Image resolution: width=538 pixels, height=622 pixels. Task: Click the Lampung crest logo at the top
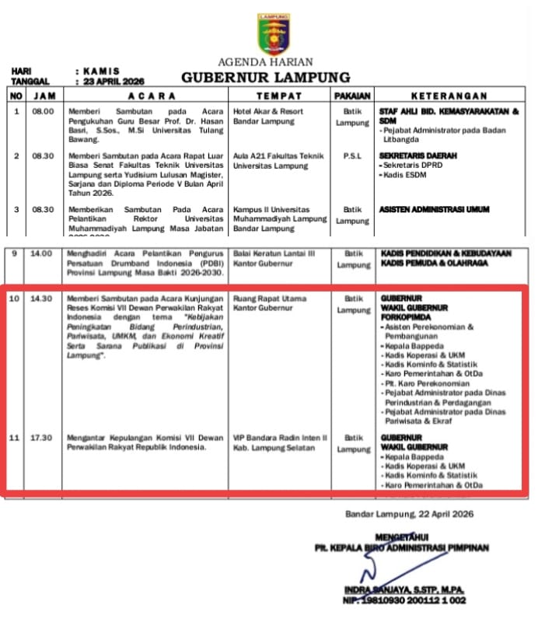pos(273,34)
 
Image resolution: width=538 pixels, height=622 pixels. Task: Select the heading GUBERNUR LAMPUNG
pos(266,78)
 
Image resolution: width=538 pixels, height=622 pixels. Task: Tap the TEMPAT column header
pos(279,96)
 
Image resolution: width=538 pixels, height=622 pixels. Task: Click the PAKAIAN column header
pos(352,96)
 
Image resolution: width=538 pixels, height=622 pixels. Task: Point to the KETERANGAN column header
pos(449,96)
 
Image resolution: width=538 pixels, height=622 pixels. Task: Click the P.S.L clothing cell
pos(352,155)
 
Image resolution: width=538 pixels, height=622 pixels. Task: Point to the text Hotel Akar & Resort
pos(268,111)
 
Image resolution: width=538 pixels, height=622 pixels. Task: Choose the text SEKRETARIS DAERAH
pos(417,155)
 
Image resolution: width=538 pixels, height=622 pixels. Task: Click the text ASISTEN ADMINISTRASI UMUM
pos(435,209)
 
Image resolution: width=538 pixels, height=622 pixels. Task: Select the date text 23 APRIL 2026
pos(113,81)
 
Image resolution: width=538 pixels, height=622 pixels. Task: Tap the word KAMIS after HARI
pos(102,71)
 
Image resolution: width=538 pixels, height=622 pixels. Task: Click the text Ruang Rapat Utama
pos(270,299)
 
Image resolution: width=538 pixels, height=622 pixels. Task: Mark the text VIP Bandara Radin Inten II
pos(280,438)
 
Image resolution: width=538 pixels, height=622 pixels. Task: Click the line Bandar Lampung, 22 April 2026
pos(409,514)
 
